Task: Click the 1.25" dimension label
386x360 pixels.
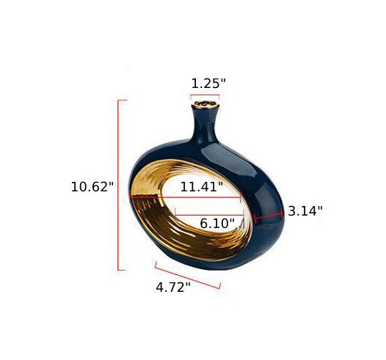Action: [x=208, y=84]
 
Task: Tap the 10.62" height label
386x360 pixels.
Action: [x=92, y=187]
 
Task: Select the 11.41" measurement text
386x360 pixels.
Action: [x=202, y=187]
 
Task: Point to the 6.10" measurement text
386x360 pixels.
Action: [x=217, y=224]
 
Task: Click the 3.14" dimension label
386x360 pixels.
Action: [x=305, y=211]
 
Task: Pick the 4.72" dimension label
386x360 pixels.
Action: [x=173, y=287]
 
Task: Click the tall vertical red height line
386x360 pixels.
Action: [x=118, y=185]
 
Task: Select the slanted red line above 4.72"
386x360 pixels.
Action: [x=188, y=275]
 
